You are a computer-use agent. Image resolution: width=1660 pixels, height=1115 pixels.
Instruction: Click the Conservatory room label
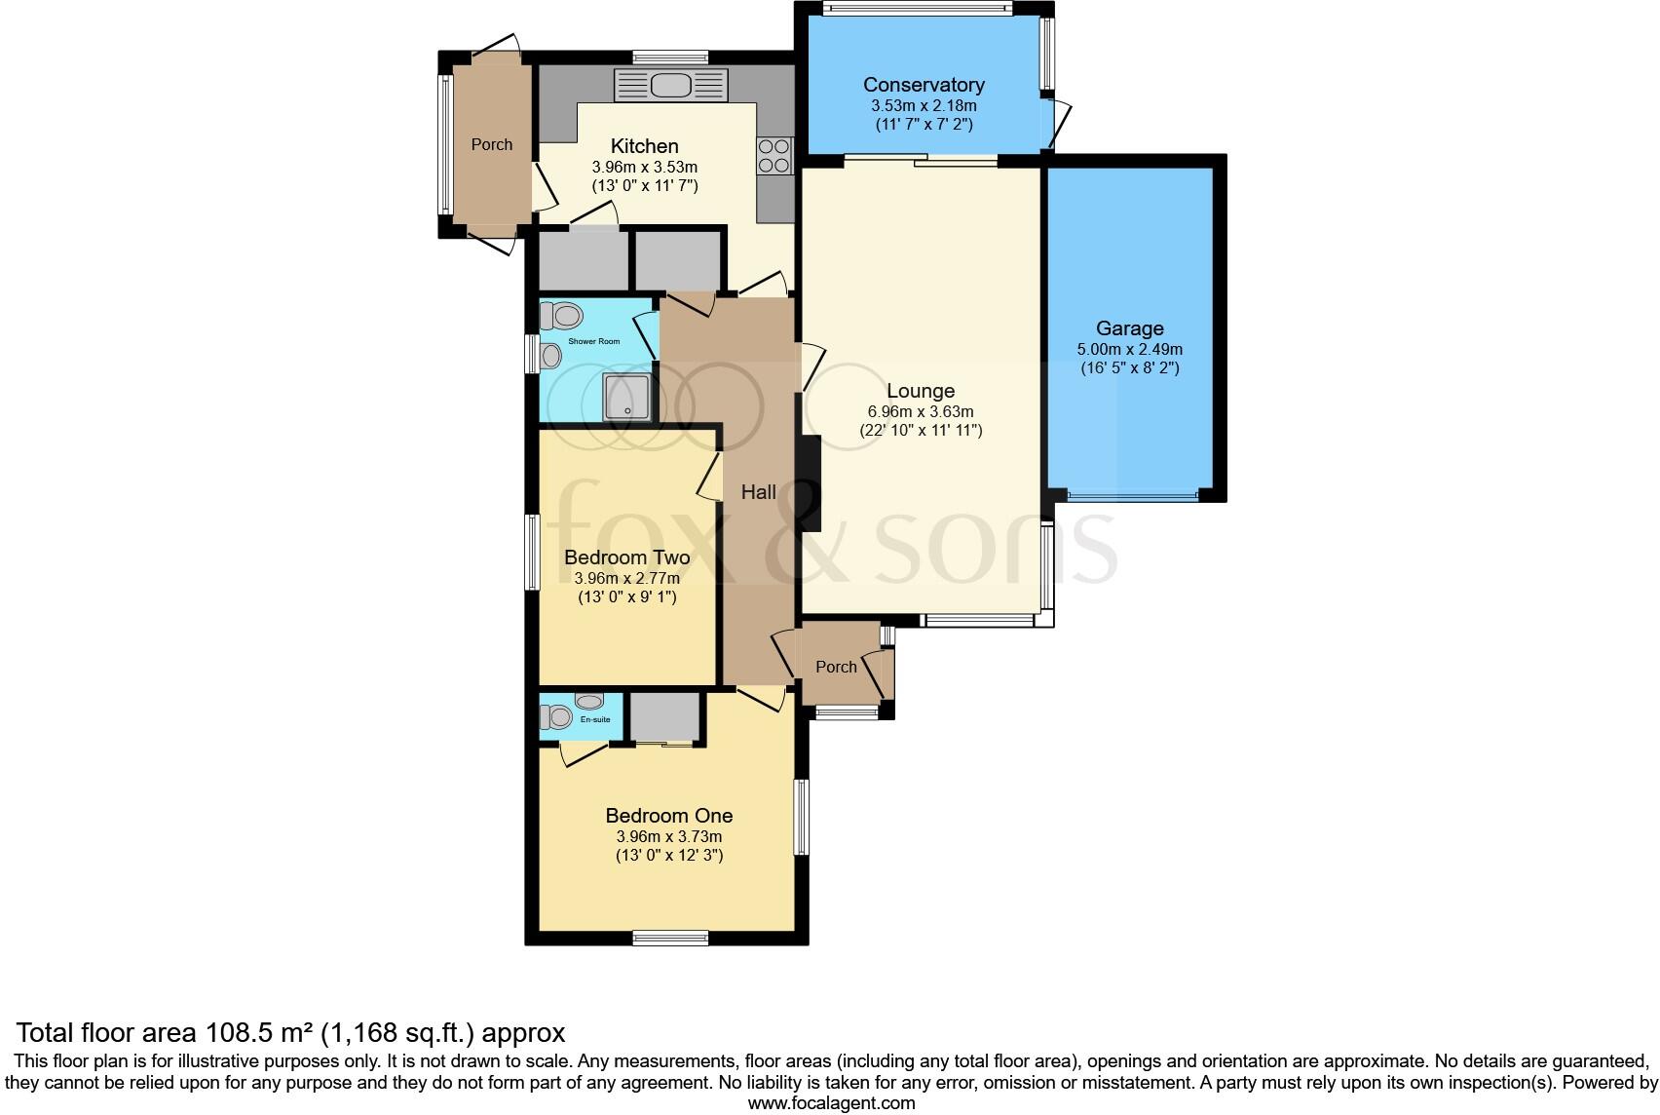coord(923,85)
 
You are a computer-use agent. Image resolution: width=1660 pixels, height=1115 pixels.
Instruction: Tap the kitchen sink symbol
coord(670,85)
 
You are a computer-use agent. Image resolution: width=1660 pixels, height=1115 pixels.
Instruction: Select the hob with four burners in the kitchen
coord(774,155)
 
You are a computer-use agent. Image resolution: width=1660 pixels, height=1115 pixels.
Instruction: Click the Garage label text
coord(1129,328)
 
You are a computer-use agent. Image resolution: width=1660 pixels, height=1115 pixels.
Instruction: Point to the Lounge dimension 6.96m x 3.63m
coord(920,411)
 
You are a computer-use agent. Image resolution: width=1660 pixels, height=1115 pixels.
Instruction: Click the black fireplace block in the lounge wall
coord(809,483)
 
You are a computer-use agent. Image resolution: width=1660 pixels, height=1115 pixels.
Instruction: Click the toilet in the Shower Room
coord(563,316)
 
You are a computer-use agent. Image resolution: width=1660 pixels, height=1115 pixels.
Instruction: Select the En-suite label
coord(595,719)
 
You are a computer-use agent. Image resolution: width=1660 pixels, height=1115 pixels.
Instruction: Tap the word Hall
coord(758,492)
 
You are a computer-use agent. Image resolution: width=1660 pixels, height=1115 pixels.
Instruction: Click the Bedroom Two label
coord(626,557)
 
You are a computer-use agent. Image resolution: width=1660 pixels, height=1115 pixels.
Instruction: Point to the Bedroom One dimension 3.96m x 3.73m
coord(668,836)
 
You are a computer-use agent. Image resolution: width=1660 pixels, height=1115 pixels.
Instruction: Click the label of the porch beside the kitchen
coord(491,144)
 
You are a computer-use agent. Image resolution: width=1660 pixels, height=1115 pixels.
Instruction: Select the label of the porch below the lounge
coord(836,667)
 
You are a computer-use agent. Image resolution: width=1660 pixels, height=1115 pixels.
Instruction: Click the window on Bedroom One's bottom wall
coord(669,938)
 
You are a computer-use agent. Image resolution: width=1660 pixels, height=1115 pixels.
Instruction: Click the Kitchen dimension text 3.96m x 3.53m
coord(644,167)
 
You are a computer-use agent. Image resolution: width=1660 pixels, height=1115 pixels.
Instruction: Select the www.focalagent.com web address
coord(831,1103)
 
